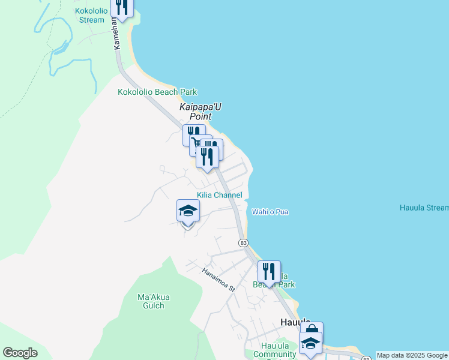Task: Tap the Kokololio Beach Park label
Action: pos(157,92)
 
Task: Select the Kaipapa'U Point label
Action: pos(200,112)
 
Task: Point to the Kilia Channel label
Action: pos(220,195)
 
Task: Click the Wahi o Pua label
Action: pos(270,212)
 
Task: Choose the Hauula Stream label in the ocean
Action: pos(424,208)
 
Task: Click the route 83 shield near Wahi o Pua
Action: pos(243,242)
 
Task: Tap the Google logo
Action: pos(20,353)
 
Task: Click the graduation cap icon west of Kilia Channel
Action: pos(188,211)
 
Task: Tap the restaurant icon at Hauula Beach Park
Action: pos(269,271)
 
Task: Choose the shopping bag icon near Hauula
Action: pos(312,331)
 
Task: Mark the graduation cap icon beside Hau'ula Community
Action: pos(310,343)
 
